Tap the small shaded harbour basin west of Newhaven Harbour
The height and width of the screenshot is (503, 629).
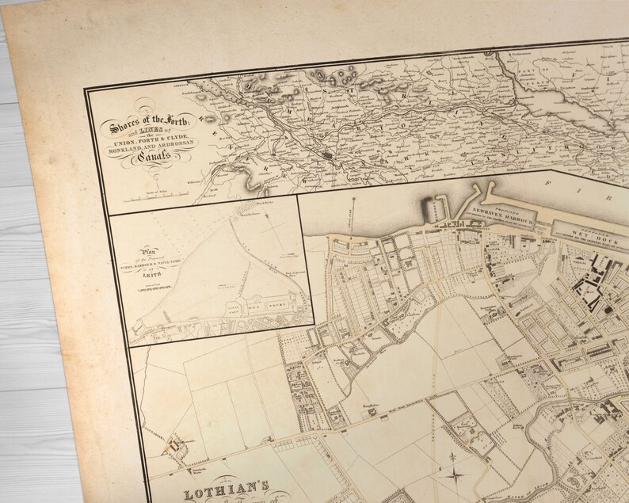click(x=436, y=210)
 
